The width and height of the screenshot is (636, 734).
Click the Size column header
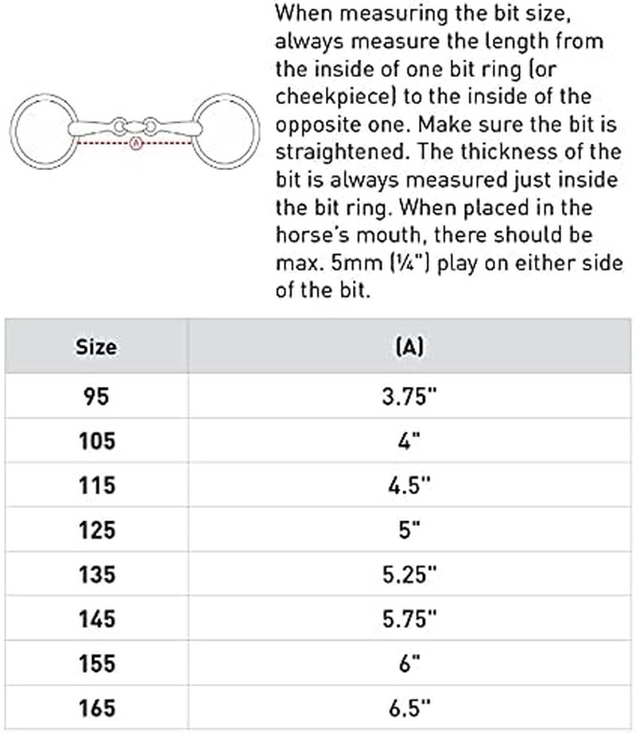(x=95, y=347)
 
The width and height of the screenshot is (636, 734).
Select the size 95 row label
(x=95, y=397)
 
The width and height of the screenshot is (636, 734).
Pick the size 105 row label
(x=95, y=441)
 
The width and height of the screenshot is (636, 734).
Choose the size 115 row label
(x=95, y=485)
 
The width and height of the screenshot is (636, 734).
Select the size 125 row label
(x=95, y=530)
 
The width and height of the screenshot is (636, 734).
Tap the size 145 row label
(x=95, y=619)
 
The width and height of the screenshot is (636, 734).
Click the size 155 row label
(x=95, y=663)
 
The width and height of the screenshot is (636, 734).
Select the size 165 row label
(x=95, y=707)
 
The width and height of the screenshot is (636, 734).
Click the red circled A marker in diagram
(x=134, y=145)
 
